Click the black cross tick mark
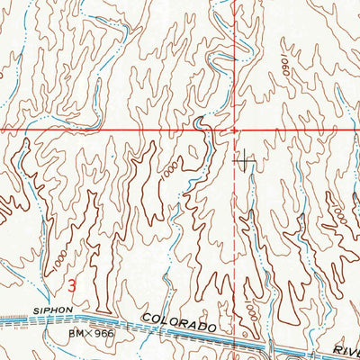tap(244, 161)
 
